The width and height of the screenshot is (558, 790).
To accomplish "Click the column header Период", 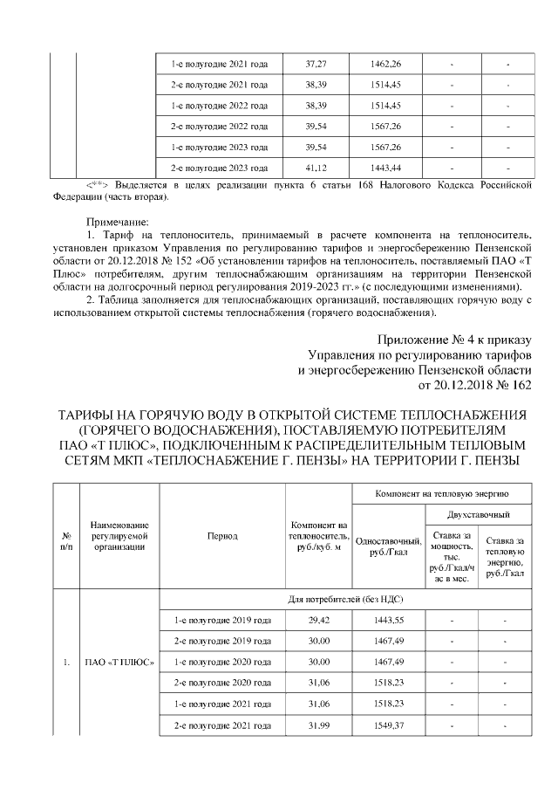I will coord(221,536).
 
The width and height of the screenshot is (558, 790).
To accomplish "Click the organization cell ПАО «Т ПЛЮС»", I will coord(118,661).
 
